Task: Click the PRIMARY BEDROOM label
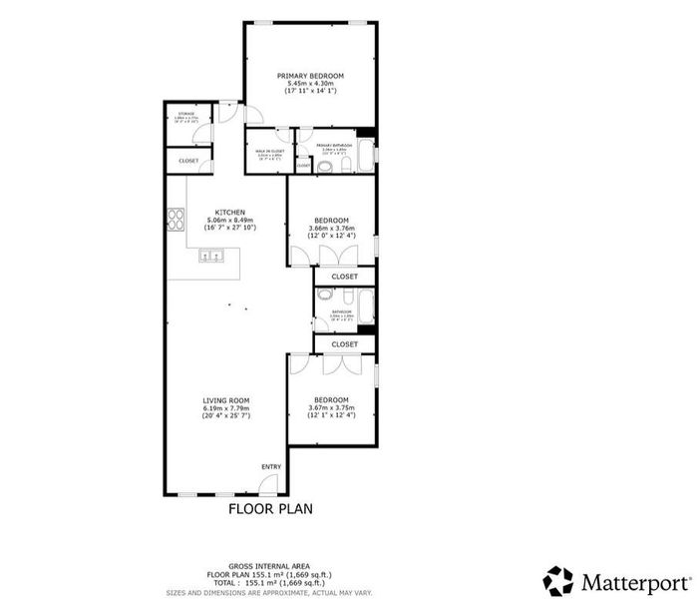[x=310, y=76]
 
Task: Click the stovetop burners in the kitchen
[x=177, y=218]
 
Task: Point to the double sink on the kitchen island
[x=211, y=257]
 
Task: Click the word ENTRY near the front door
[x=271, y=467]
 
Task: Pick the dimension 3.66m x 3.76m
[x=331, y=228]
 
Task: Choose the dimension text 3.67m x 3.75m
[x=331, y=407]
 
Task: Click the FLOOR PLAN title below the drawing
[x=271, y=508]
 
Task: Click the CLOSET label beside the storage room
[x=188, y=161]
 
